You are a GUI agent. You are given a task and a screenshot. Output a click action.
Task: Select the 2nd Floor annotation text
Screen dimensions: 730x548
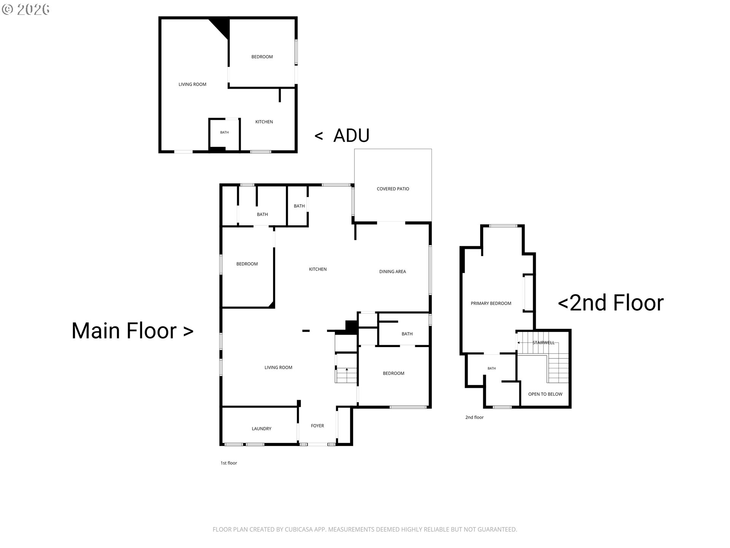pyautogui.click(x=611, y=303)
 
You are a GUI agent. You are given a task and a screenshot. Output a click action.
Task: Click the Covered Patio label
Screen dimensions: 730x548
pyautogui.click(x=393, y=189)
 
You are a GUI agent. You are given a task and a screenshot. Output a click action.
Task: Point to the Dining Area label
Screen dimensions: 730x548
pyautogui.click(x=392, y=272)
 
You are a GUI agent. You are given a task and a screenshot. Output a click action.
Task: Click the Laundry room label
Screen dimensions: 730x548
pyautogui.click(x=262, y=429)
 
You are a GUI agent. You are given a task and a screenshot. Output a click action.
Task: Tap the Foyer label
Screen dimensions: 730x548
pyautogui.click(x=317, y=426)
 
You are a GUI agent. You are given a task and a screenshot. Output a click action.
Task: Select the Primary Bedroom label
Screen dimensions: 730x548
pyautogui.click(x=491, y=303)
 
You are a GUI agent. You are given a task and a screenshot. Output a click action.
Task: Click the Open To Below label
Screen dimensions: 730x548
pyautogui.click(x=545, y=394)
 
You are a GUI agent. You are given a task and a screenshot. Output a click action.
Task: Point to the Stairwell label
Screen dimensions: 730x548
pyautogui.click(x=543, y=343)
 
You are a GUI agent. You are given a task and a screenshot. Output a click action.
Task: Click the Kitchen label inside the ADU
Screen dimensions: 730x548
pyautogui.click(x=264, y=122)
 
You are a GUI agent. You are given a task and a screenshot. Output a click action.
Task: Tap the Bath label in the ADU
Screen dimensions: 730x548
pyautogui.click(x=224, y=132)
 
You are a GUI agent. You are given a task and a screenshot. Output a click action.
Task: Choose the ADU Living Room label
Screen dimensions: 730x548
pyautogui.click(x=192, y=84)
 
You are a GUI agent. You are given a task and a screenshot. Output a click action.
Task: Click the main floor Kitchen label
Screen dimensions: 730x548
pyautogui.click(x=317, y=269)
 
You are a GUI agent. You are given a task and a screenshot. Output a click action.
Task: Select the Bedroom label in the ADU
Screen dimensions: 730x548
pyautogui.click(x=262, y=57)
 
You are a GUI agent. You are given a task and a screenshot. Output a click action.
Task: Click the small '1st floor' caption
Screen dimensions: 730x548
pyautogui.click(x=229, y=463)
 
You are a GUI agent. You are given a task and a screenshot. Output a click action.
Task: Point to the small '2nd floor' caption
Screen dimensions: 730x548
pyautogui.click(x=474, y=417)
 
